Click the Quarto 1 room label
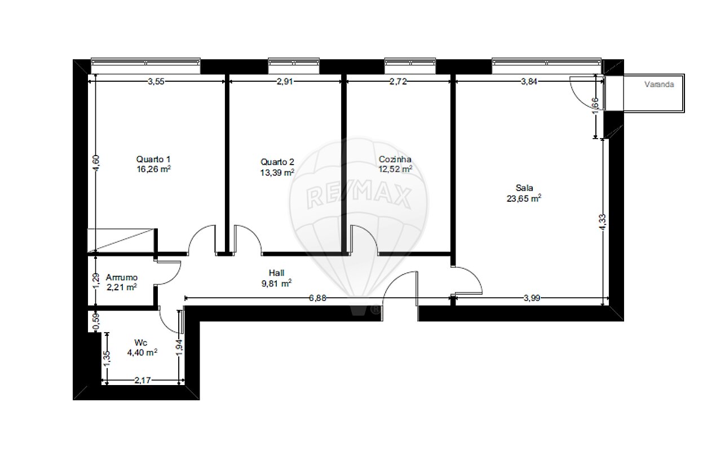coord(153,159)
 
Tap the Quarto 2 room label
coord(277,162)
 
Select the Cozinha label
coord(395,159)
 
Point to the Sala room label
coord(524,188)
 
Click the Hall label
coord(276,273)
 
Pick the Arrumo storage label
coord(122,277)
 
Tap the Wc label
coord(140,343)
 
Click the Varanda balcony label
coord(659,85)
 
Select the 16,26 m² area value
coord(153,169)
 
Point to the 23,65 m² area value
coord(524,198)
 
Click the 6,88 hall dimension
coord(318,298)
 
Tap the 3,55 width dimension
coord(156,82)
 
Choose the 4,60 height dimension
coord(97,163)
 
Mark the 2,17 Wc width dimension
coord(143,381)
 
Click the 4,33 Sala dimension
coord(603,222)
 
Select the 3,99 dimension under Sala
coord(532,298)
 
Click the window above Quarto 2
coord(294,66)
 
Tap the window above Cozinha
coord(410,66)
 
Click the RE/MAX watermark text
coord(359,197)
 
